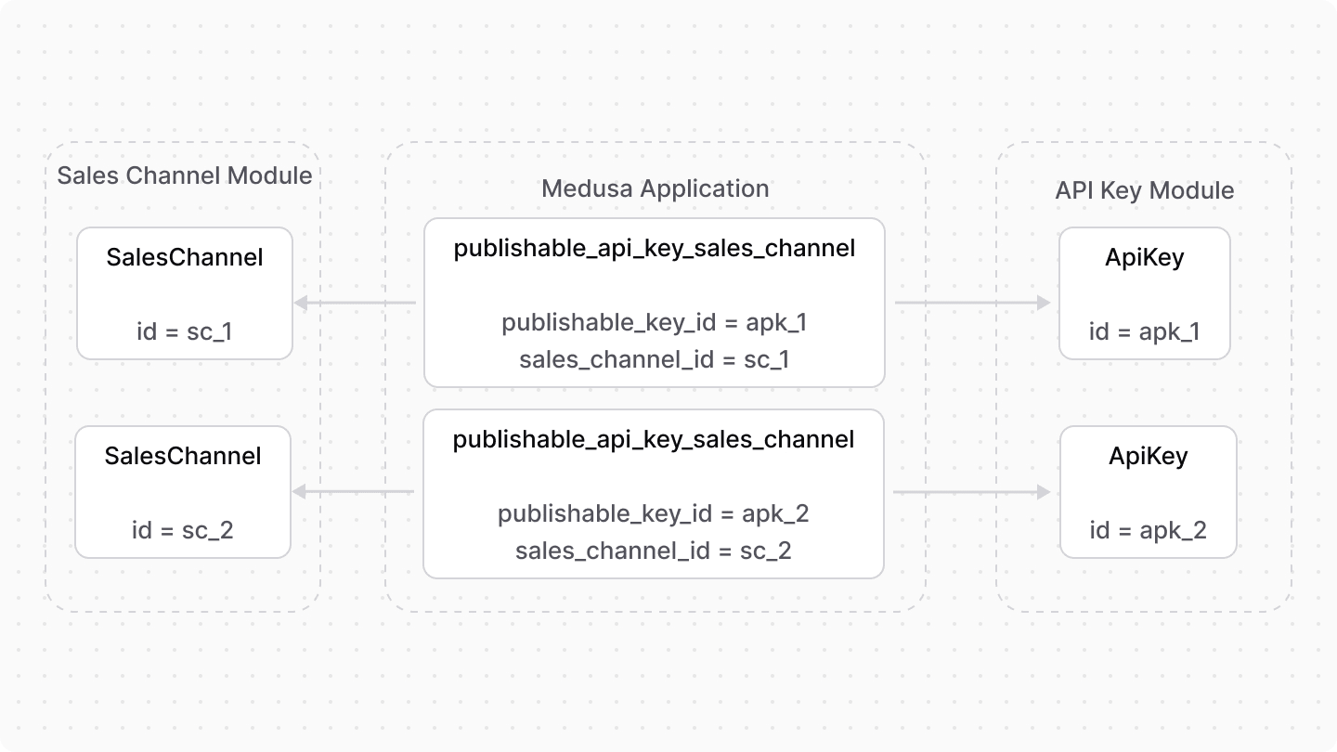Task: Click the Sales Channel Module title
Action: (x=185, y=175)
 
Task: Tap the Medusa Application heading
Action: (x=655, y=188)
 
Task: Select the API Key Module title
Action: (x=1144, y=190)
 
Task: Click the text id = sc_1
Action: (x=184, y=331)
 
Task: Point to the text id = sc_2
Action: (x=183, y=530)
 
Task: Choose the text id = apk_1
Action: (x=1144, y=331)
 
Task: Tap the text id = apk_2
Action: (x=1148, y=530)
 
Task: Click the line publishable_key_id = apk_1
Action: (x=655, y=322)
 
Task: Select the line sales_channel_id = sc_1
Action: (x=655, y=359)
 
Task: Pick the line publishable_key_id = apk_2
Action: (x=654, y=513)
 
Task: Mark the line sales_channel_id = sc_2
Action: (x=654, y=551)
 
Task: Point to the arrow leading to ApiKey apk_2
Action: (x=971, y=492)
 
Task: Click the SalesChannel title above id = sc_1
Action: (x=185, y=257)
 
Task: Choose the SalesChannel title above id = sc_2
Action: (x=183, y=456)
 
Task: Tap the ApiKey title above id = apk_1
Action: (x=1144, y=257)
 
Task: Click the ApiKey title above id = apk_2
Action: (x=1148, y=456)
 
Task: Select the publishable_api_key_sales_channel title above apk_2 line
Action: (x=654, y=439)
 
